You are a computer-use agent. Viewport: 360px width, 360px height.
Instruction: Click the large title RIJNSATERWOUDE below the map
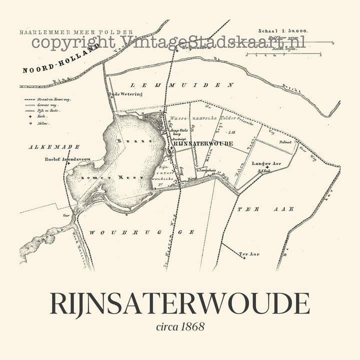179,303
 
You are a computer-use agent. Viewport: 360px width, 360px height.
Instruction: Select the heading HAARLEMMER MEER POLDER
76,32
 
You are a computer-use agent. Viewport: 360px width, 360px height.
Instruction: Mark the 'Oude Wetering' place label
125,94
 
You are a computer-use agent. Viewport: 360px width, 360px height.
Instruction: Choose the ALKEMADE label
47,146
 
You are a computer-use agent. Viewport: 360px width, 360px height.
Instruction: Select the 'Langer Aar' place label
267,163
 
